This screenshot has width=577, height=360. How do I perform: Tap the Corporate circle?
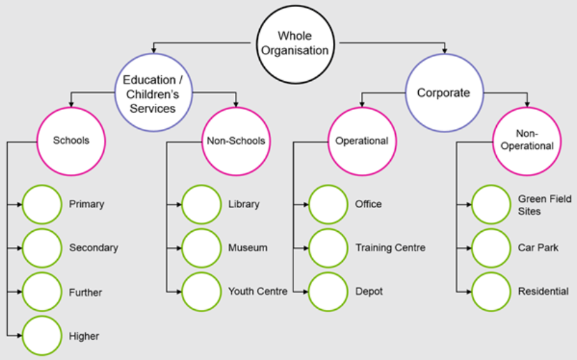(x=444, y=93)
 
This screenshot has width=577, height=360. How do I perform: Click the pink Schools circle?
(x=71, y=141)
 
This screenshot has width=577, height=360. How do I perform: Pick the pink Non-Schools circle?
(x=236, y=141)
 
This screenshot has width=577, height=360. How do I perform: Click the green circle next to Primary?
(x=43, y=204)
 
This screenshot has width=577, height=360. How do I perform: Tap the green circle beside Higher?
(x=43, y=336)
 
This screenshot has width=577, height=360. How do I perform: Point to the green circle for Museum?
(x=201, y=248)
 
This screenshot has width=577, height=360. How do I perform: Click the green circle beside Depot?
(x=328, y=292)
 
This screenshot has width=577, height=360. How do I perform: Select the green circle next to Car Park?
(x=491, y=248)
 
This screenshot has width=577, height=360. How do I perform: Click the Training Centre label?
(x=390, y=248)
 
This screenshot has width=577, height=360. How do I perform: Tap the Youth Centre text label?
(x=258, y=292)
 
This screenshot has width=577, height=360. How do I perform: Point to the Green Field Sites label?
(x=544, y=205)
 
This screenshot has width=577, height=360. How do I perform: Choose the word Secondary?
(x=93, y=248)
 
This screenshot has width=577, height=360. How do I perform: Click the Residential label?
(x=543, y=292)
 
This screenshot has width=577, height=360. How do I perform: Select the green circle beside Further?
(x=43, y=292)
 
